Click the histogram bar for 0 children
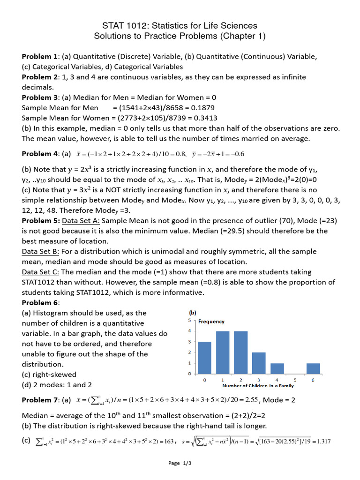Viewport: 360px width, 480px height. pyautogui.click(x=204, y=358)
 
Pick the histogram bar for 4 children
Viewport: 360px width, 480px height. pyautogui.click(x=277, y=368)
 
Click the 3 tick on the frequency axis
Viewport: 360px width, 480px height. pyautogui.click(x=189, y=342)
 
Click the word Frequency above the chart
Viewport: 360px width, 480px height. pyautogui.click(x=211, y=322)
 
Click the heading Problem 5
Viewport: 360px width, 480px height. pyautogui.click(x=40, y=221)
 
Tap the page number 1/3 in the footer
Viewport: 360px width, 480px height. pyautogui.click(x=187, y=463)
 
